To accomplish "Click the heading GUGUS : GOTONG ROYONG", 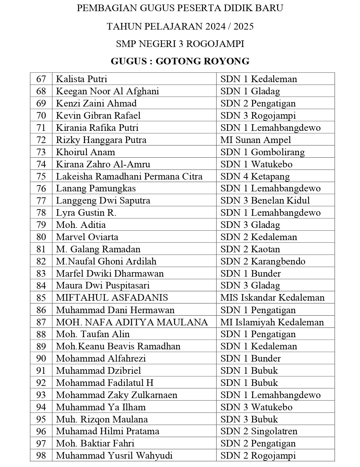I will pos(180,61).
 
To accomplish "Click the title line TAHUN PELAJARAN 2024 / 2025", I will pos(180,26).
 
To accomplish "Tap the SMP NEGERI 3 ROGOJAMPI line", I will pos(180,44).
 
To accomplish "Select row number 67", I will pos(41,79).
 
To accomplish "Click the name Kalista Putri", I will pos(81,79).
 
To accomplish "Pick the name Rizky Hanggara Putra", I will pos(101,140).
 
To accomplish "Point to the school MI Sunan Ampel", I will pos(256,140).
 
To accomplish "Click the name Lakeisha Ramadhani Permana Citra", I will pos(129,176).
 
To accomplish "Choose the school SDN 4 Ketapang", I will pos(255,176).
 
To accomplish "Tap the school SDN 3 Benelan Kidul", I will pos(265,200).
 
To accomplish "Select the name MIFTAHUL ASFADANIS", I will pos(112,298).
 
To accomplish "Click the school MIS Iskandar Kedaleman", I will pos(272,298).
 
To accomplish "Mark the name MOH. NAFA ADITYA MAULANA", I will pos(132,322).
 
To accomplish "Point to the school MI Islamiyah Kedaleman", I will pos(272,322).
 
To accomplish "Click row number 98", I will pos(41,456).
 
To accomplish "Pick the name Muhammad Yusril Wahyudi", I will pos(114,456).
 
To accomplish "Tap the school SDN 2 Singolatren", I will pos(259,431).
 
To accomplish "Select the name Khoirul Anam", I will pos(85,152).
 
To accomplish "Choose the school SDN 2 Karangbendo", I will pos(263,261).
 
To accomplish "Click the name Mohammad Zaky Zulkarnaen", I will pos(117,395).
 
